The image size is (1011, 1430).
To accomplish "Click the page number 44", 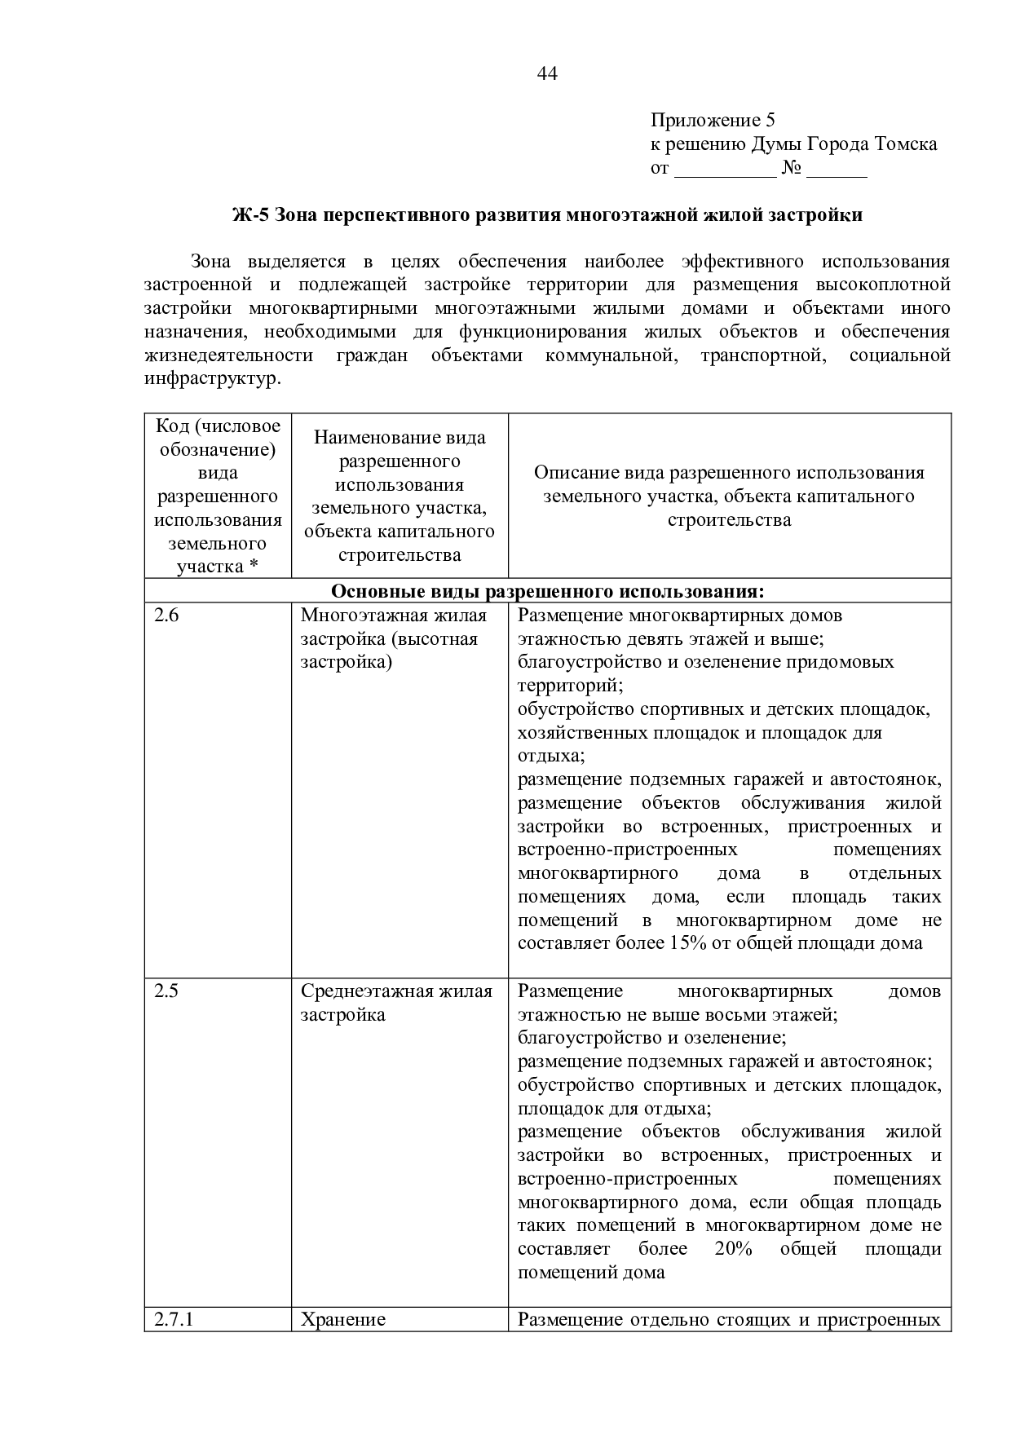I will pos(547,74).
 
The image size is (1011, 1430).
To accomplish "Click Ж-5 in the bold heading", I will pos(250,215).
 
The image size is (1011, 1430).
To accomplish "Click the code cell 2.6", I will pos(166,616).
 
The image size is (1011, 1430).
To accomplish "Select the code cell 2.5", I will pos(166,991).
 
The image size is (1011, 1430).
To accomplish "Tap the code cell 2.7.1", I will pos(174,1319).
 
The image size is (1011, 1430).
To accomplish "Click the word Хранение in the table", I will pos(342,1319).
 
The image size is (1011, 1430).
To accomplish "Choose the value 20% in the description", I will pos(733,1249).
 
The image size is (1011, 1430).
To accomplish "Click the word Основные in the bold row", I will pos(371,590).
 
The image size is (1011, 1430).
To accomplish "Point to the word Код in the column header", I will pos(170,426).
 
